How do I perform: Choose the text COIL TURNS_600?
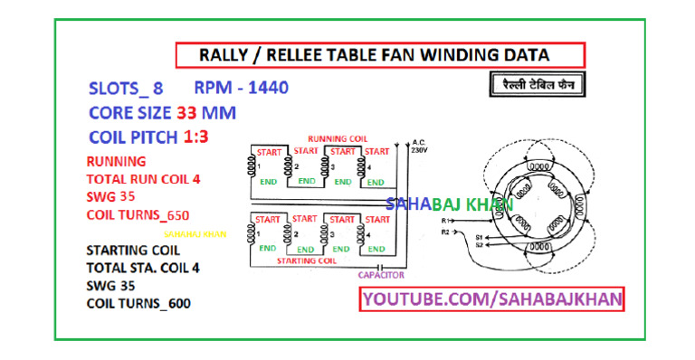pyautogui.click(x=138, y=303)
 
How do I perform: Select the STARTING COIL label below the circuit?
pyautogui.click(x=307, y=261)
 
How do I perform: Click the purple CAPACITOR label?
pyautogui.click(x=380, y=275)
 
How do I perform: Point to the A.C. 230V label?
pyautogui.click(x=418, y=147)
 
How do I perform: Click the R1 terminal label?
pyautogui.click(x=444, y=220)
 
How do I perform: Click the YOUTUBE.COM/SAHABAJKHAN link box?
pyautogui.click(x=492, y=298)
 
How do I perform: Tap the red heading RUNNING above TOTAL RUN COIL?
pyautogui.click(x=115, y=161)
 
